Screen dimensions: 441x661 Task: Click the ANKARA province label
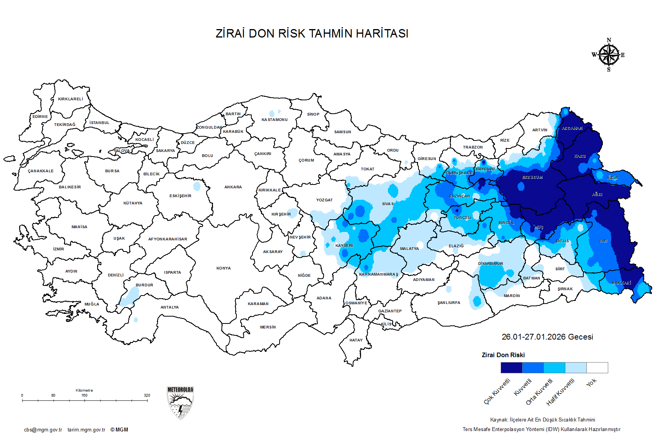[233, 187]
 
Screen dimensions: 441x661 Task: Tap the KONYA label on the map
[223, 268]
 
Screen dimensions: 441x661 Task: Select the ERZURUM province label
[532, 178]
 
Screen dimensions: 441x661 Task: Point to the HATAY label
[356, 340]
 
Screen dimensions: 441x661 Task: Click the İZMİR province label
[59, 249]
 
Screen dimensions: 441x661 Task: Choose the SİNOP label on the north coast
[313, 114]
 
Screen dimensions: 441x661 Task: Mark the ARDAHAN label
[572, 129]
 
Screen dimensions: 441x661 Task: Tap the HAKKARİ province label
[621, 283]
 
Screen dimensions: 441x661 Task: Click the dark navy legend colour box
[511, 368]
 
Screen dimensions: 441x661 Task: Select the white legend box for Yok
[597, 368]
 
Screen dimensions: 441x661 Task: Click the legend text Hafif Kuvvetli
[560, 392]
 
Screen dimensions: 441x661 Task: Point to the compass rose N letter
[609, 40]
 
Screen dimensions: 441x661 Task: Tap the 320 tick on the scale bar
[147, 395]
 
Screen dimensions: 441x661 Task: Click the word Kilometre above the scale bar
[84, 390]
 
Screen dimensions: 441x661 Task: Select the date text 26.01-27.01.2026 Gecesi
[547, 337]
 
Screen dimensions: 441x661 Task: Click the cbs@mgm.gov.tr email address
[43, 430]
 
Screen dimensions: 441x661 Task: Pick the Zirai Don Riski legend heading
[503, 355]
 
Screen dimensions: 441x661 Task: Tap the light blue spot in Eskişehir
[197, 186]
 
